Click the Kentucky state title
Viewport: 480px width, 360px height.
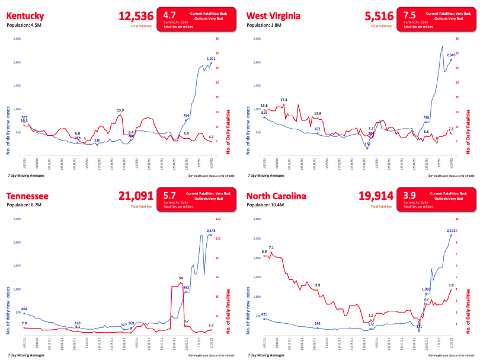pos(28,15)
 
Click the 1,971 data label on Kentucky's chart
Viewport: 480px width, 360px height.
pos(211,59)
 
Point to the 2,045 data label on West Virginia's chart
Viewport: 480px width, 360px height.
pos(451,55)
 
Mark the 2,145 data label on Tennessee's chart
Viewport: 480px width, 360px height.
pos(211,230)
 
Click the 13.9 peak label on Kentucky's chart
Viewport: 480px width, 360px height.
pos(120,110)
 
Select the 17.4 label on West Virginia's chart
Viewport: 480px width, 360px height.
pos(284,100)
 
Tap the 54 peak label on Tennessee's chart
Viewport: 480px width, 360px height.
pos(181,278)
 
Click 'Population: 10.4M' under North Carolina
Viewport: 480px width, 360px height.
pos(267,207)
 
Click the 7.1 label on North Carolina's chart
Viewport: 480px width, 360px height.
pos(271,247)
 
